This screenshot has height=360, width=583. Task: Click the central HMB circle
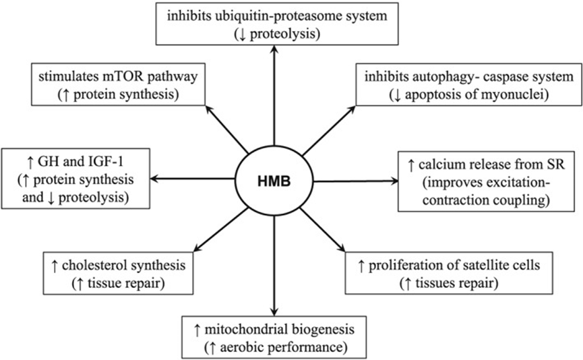pos(274,181)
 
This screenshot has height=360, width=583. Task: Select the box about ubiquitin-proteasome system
pos(277,24)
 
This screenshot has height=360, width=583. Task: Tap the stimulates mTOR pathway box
pos(118,84)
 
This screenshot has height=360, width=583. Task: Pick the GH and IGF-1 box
pos(75,179)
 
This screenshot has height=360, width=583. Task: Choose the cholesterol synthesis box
pos(118,273)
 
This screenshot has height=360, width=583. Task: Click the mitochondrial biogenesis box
pos(274,337)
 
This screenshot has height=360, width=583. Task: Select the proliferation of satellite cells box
pos(449,273)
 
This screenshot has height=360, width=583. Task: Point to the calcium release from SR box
pos(487,181)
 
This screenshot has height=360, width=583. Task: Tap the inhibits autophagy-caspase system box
pos(469,84)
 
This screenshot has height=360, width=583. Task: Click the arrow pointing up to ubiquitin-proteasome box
pos(274,95)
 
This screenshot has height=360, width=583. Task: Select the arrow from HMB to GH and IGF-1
pos(193,179)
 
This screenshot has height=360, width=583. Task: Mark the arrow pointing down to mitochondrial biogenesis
pos(274,266)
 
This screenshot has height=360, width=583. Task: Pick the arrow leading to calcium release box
pos(356,181)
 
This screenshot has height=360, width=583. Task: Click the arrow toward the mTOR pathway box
pos(227,129)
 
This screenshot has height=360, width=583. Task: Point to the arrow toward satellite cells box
pos(322,230)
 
